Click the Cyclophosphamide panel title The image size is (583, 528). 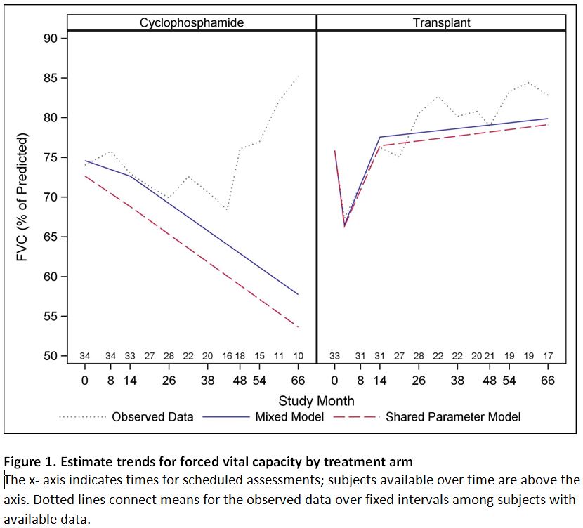pos(192,22)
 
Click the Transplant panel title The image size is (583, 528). pos(441,22)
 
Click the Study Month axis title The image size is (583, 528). pos(316,401)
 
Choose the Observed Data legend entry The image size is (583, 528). pos(152,417)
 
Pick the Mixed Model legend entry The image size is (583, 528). pos(289,417)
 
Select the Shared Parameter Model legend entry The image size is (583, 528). pos(453,417)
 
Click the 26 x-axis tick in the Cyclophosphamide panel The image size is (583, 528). pos(169,381)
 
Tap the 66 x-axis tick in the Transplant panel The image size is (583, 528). pos(548,381)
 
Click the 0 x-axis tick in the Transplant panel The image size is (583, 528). pos(334,381)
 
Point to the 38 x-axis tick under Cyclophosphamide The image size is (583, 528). pos(207,381)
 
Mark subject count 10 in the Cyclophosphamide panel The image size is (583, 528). pos(299,356)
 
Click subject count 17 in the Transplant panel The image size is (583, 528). pos(548,356)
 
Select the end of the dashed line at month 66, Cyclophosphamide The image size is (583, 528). pos(298,327)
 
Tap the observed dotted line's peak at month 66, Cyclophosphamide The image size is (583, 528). pos(298,76)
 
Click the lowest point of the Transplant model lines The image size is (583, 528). pos(344,226)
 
